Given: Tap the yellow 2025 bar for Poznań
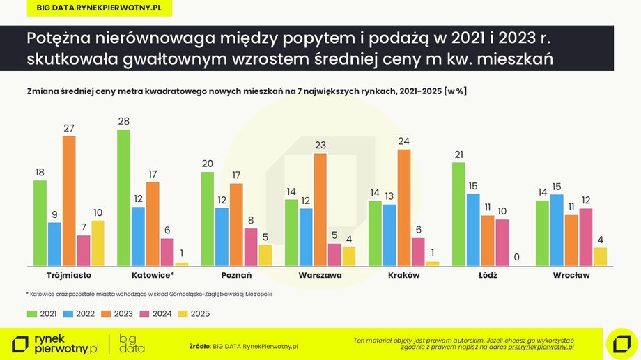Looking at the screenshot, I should tap(265, 255).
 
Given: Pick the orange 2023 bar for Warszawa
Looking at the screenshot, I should tap(320, 210).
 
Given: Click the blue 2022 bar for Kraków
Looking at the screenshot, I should tap(389, 235).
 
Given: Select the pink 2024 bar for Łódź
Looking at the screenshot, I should tap(502, 242).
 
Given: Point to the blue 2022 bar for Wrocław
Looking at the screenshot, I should tap(557, 230).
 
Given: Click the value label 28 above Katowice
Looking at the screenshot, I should tap(123, 121).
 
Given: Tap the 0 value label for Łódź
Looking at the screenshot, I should tap(516, 258).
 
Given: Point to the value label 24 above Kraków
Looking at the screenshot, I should tap(404, 141).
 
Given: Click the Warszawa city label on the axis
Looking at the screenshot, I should tap(320, 275).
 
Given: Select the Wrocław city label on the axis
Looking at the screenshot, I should tap(571, 275).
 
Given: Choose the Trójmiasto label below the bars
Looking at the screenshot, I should tap(69, 275).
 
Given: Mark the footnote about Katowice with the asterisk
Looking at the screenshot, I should tap(149, 295).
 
